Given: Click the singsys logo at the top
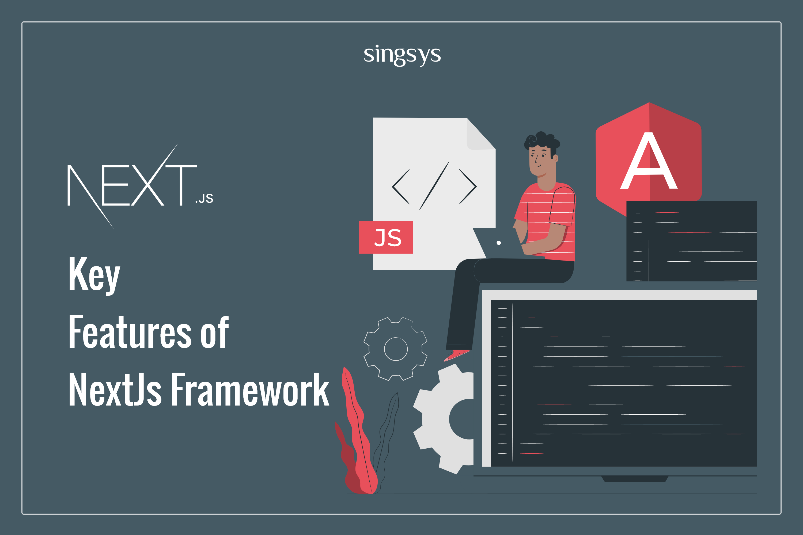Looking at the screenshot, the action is [402, 55].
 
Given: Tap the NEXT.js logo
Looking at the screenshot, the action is [140, 186].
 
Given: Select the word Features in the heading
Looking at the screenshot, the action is [130, 332].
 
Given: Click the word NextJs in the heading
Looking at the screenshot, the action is [115, 389].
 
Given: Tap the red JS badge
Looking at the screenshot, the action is [386, 237].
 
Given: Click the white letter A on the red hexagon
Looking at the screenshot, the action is [649, 160].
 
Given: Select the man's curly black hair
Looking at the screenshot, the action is [541, 141].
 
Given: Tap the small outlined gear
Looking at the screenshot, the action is [396, 349].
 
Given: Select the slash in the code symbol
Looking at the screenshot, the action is [434, 186].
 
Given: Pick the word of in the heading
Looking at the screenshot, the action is [214, 332].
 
